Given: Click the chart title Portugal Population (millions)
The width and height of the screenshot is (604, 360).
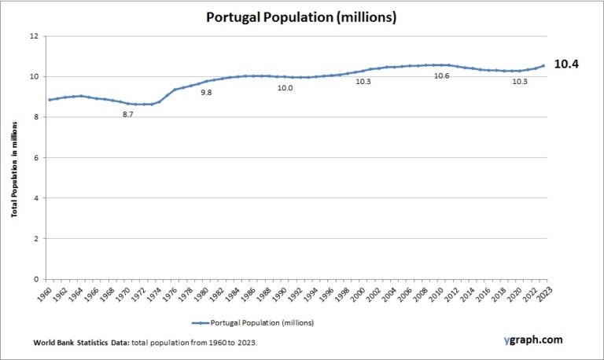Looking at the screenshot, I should coord(301,17).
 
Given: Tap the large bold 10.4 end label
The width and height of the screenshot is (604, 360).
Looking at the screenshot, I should coord(566,64).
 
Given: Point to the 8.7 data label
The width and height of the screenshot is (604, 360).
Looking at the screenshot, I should coord(127,115).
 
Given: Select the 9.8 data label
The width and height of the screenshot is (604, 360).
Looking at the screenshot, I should coord(206,93).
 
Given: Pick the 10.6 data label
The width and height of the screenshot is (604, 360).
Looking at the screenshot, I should coord(441,76).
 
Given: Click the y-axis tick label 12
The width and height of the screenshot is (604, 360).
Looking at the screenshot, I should coord(33,36).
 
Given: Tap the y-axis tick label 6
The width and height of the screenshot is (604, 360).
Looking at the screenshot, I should coord(35,157).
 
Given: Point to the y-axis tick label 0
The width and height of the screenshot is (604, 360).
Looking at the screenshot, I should coord(35,279).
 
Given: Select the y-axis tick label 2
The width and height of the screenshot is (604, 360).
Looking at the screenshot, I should coord(35,238).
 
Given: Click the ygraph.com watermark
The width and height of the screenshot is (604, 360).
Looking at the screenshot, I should coord(533,340).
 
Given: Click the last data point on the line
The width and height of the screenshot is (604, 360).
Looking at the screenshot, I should coord(543,66).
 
